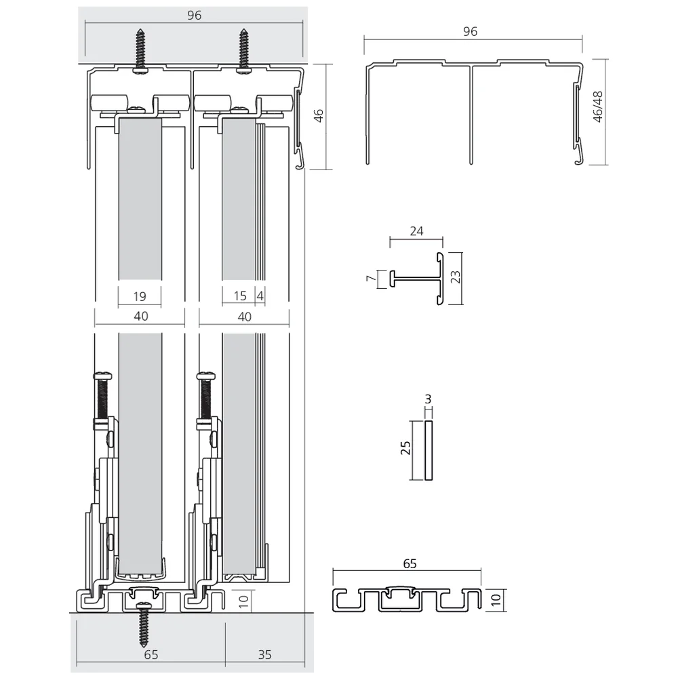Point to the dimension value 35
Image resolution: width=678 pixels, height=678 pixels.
tap(264, 654)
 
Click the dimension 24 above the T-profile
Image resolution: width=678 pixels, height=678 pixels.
tap(416, 231)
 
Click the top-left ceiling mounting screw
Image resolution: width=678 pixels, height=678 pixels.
tap(141, 49)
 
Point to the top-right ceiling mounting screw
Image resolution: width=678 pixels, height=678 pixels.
tap(244, 49)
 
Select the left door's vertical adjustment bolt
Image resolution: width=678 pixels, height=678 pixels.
tap(102, 397)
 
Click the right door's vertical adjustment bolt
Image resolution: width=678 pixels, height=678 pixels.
tap(205, 397)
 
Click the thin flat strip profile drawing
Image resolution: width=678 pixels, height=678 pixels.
tap(428, 450)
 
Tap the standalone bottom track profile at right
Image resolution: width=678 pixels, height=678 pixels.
tap(407, 599)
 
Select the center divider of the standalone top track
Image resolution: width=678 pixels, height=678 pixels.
tap(471, 115)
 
